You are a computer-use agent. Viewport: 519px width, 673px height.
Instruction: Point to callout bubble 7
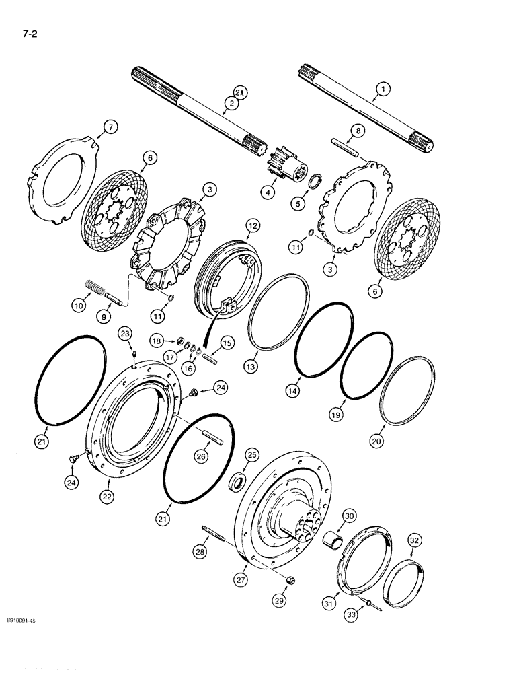pyautogui.click(x=111, y=126)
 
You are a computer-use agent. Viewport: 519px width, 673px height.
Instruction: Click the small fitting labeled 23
pyautogui.click(x=135, y=349)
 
